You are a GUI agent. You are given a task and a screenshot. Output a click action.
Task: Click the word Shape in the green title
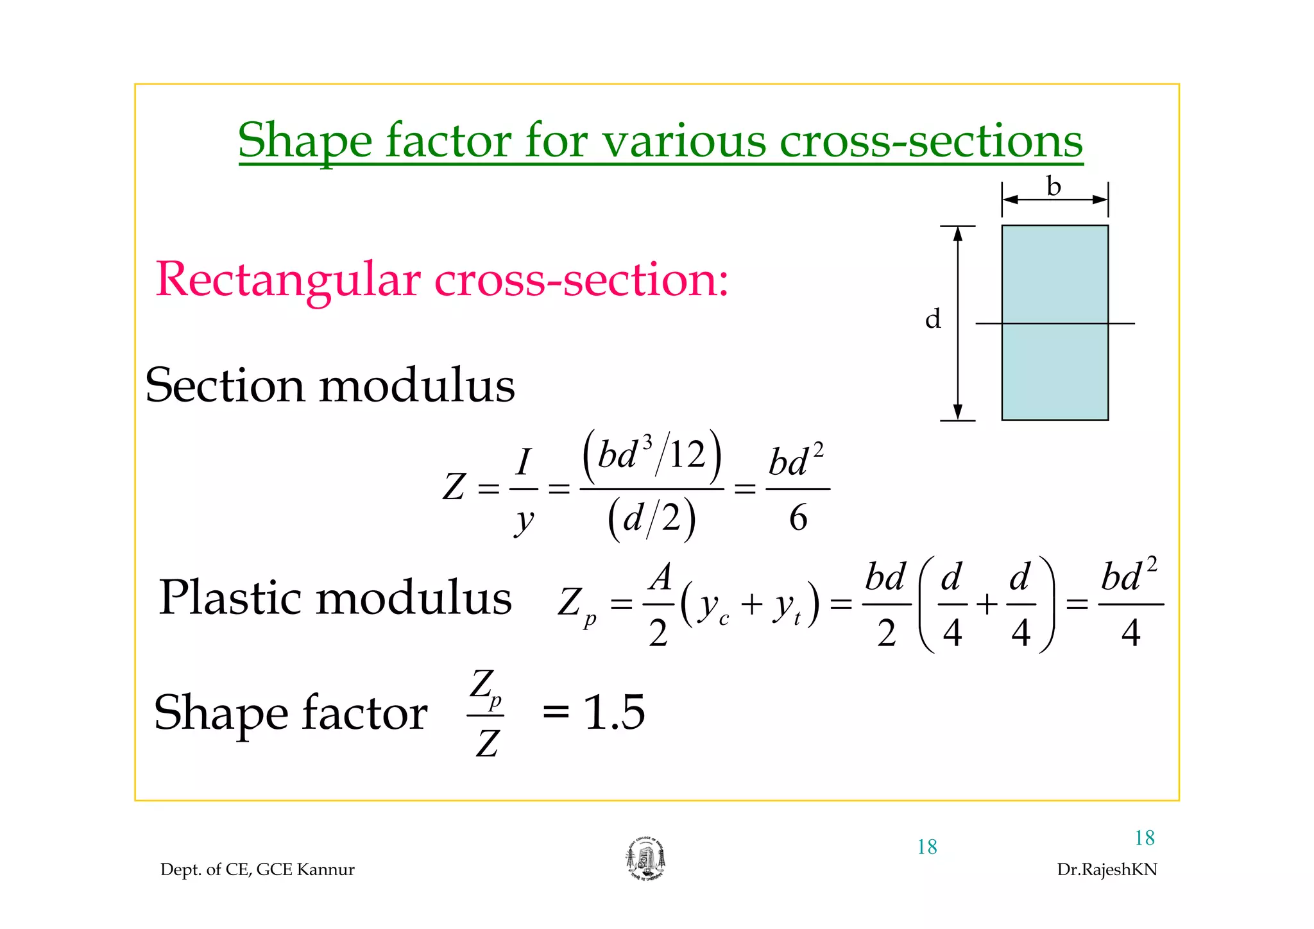(x=305, y=141)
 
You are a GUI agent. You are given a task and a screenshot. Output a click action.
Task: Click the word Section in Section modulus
(x=225, y=386)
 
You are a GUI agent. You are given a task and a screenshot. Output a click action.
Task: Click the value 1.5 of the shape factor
(x=614, y=712)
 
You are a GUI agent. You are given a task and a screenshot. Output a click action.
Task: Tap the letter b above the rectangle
(x=1054, y=186)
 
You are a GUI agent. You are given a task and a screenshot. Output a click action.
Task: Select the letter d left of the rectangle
(x=933, y=319)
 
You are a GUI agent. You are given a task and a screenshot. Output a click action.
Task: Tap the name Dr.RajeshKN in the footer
(x=1107, y=869)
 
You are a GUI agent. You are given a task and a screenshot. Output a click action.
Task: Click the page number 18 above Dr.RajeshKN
(x=1145, y=838)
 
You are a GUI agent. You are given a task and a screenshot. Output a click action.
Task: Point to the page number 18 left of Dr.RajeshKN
(x=927, y=847)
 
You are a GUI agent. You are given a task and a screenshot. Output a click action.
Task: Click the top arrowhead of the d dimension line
(x=958, y=234)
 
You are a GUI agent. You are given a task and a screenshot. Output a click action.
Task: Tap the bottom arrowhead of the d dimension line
(x=958, y=413)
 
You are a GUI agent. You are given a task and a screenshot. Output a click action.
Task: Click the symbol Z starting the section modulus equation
(x=454, y=487)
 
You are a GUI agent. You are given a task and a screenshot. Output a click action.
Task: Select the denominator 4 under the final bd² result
(x=1131, y=633)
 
